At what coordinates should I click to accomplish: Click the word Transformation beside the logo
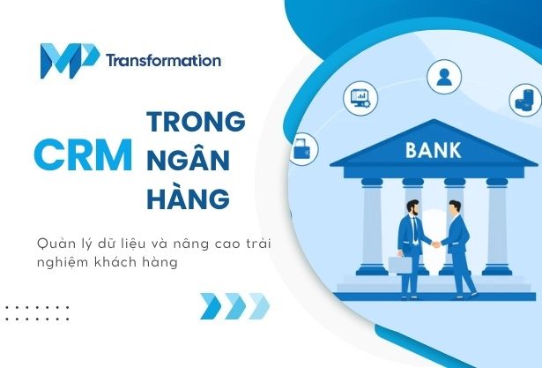click(x=163, y=62)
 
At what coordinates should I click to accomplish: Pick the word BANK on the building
click(x=434, y=150)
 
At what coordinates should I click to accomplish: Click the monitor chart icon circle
click(x=361, y=97)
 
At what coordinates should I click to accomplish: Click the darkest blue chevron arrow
click(x=210, y=306)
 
